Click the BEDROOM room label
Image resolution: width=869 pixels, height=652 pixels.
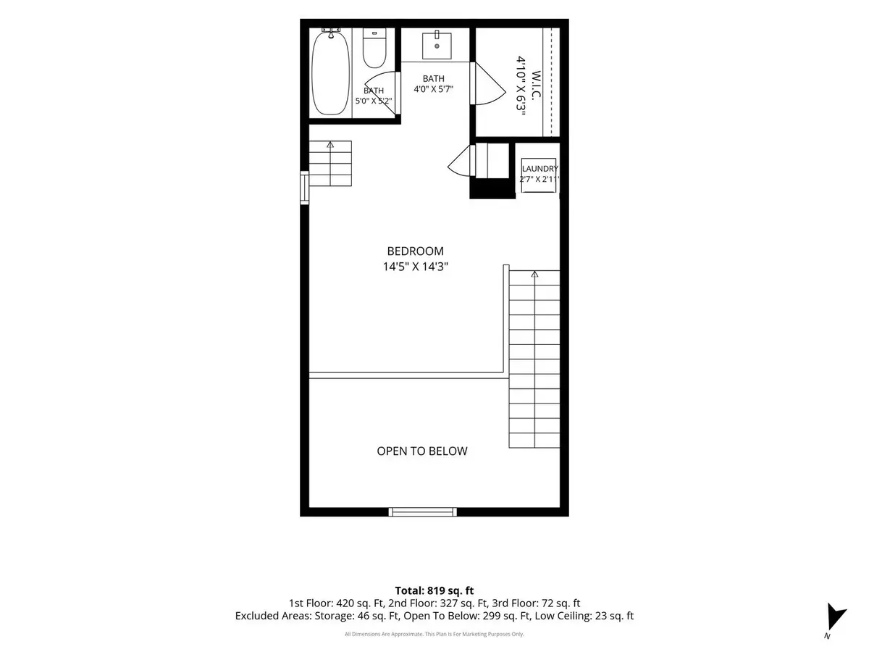415,251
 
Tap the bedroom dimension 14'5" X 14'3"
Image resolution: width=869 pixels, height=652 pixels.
415,267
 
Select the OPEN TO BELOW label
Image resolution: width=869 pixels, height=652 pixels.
421,451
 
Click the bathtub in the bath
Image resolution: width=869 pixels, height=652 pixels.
330,73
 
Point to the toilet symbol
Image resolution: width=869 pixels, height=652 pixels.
374,49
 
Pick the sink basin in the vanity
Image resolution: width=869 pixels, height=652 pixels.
437,46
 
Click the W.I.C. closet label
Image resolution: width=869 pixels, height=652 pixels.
536,85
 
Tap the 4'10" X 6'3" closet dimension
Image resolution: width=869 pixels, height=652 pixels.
521,85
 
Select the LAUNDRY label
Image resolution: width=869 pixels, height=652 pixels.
540,169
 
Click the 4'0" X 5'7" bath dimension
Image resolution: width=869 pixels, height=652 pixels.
434,89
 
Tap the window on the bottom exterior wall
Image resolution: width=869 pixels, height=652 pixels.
422,512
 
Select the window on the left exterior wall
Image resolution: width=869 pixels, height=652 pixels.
304,188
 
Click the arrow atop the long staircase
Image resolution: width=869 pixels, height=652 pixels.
534,274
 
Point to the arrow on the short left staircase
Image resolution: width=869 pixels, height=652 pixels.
330,144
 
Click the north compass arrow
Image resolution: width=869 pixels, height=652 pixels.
836,617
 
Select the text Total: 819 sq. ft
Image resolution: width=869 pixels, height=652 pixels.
434,590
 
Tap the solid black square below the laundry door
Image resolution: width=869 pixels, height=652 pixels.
492,188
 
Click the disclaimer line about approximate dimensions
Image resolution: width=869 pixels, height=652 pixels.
434,634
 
